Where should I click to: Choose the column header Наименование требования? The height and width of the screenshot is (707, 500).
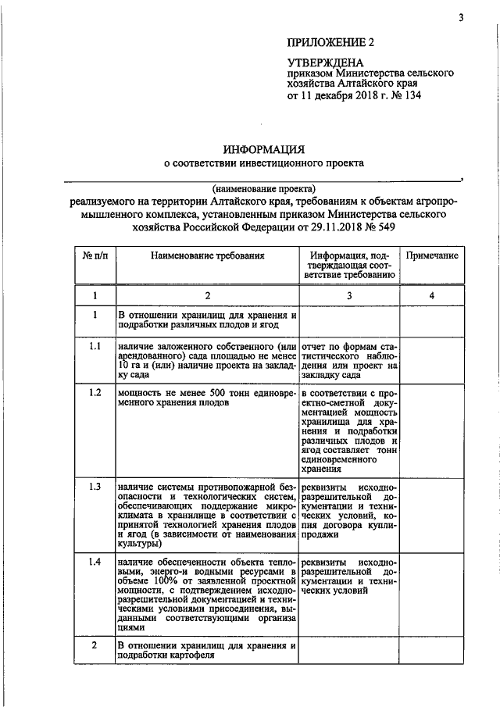pos(208,255)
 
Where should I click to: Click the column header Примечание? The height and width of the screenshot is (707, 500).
pos(431,255)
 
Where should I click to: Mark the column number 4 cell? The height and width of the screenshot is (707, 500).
pos(431,295)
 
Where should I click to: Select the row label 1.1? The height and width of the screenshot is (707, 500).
pos(95,346)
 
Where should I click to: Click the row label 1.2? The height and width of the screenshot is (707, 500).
pos(95,392)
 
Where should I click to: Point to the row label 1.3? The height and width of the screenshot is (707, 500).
pos(95,487)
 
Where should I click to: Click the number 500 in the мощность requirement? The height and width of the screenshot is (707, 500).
pos(201,392)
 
